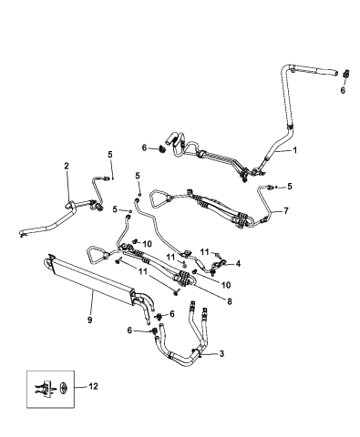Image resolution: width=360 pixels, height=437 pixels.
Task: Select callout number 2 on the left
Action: point(66,165)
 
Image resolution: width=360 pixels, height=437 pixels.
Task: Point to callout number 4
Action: point(238,264)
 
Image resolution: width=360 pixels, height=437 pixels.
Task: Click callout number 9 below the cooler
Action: point(87,319)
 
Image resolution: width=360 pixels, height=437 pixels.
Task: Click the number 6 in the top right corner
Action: point(343,91)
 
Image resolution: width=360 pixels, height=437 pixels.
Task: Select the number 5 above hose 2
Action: point(110,154)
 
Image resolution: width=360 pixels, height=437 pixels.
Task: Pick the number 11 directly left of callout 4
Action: point(206,251)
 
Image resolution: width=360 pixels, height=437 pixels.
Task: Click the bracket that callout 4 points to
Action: point(218,267)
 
